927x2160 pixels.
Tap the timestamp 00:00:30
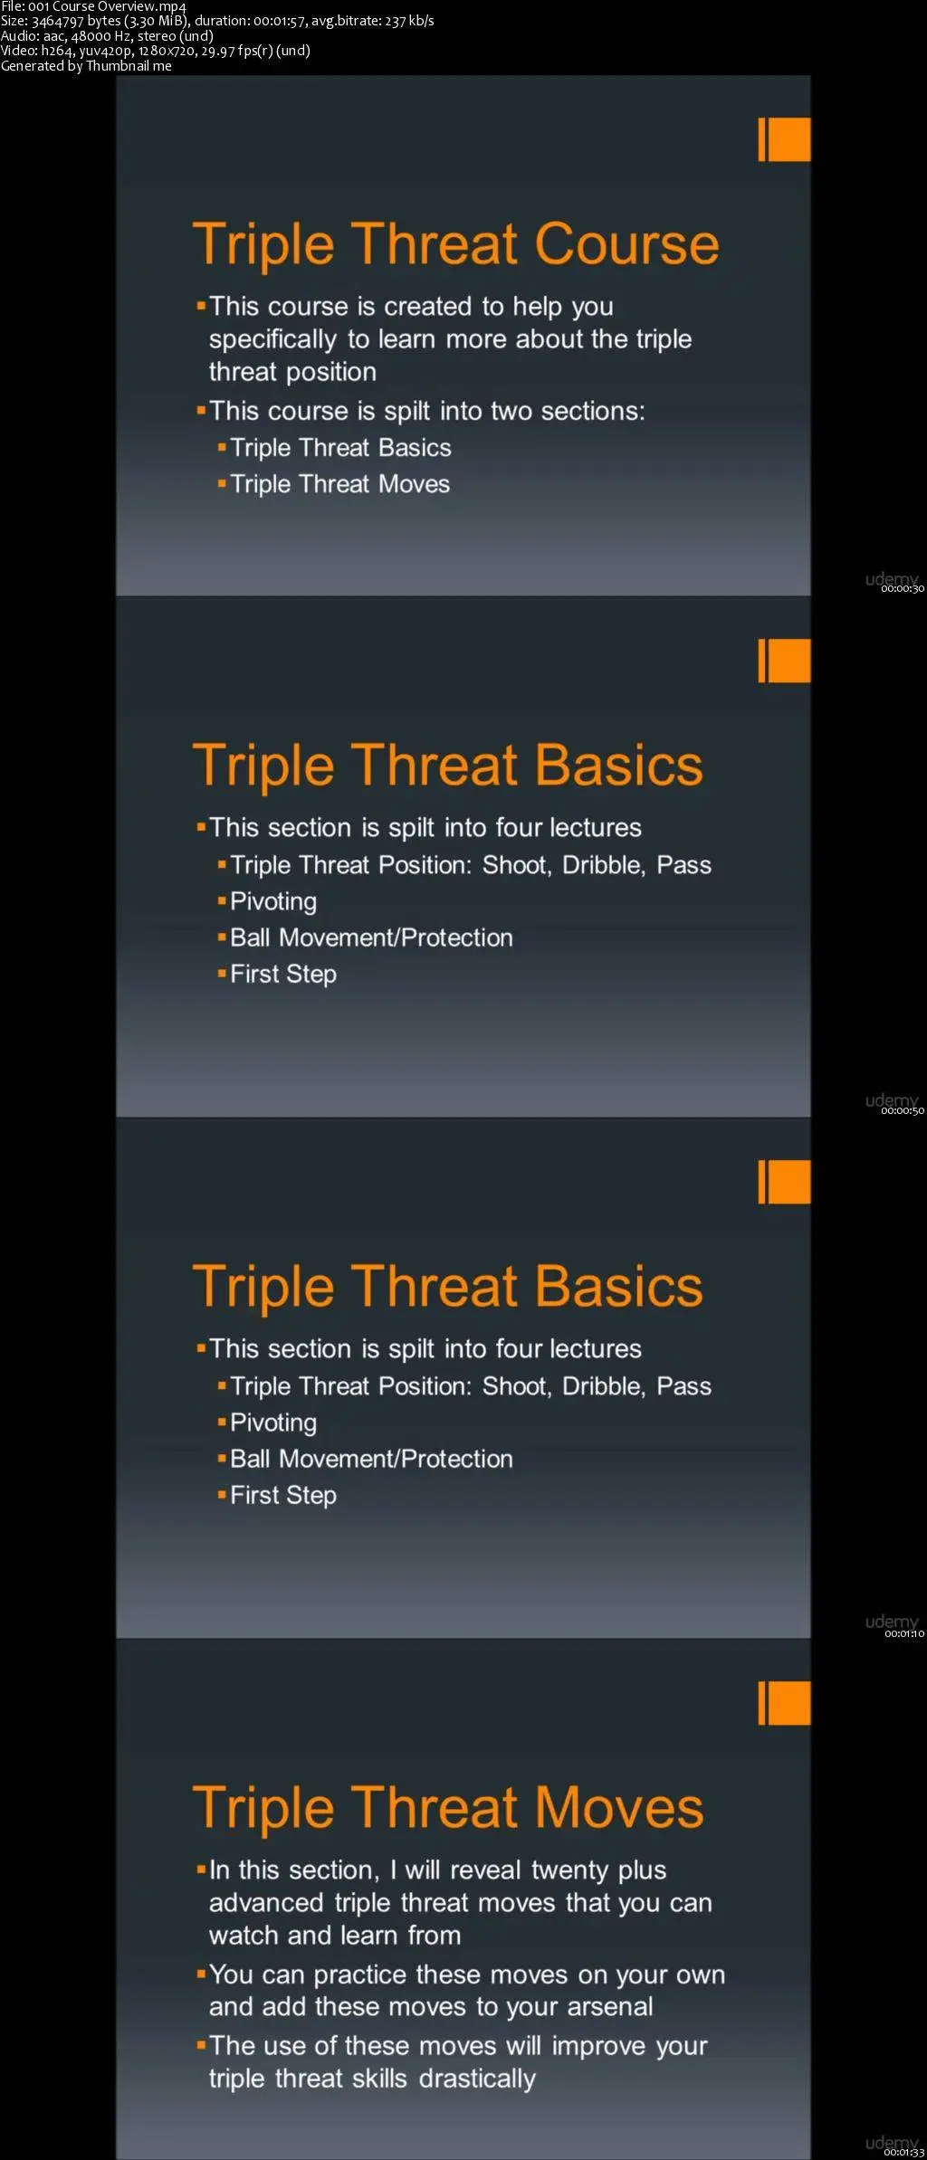pyautogui.click(x=903, y=589)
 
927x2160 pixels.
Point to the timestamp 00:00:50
pyautogui.click(x=903, y=1111)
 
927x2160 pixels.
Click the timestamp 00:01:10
pyautogui.click(x=904, y=1633)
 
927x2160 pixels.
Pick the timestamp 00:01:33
pyautogui.click(x=904, y=2152)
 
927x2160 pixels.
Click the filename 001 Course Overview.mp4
pyautogui.click(x=107, y=6)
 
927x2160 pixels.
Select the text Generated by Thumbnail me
pyautogui.click(x=86, y=66)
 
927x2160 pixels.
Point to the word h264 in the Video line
pyautogui.click(x=57, y=51)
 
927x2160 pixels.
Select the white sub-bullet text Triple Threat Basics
pyautogui.click(x=340, y=448)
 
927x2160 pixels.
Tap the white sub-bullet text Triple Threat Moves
pyautogui.click(x=339, y=484)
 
